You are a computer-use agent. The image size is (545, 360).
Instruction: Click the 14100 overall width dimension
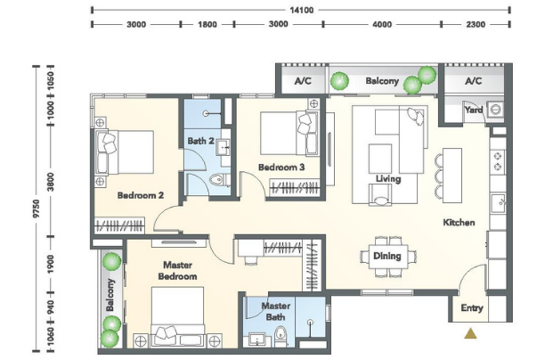(301, 10)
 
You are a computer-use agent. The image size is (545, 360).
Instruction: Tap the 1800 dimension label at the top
(207, 24)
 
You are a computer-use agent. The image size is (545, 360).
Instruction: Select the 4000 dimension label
(382, 24)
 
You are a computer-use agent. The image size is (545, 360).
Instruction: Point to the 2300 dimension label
(476, 24)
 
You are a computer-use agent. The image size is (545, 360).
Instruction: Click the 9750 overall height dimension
(37, 209)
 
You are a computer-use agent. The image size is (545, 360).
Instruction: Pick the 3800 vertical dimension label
(51, 182)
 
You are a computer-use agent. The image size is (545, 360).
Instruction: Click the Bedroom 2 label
(141, 195)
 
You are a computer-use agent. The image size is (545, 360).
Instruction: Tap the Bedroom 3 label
(281, 168)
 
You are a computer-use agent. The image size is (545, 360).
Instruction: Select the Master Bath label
(276, 311)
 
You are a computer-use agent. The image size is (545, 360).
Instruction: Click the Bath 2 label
(201, 141)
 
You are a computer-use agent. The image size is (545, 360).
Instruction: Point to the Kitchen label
(459, 222)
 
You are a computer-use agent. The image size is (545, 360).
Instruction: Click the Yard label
(474, 110)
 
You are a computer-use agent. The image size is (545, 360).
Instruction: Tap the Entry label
(472, 307)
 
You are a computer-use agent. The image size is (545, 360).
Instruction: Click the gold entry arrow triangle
(470, 333)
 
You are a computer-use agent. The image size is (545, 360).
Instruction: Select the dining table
(388, 257)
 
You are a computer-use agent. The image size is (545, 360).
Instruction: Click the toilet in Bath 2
(218, 180)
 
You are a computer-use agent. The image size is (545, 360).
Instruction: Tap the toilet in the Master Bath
(280, 336)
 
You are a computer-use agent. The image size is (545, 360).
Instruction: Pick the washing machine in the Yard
(495, 110)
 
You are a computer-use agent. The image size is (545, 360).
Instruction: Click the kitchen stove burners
(498, 161)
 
